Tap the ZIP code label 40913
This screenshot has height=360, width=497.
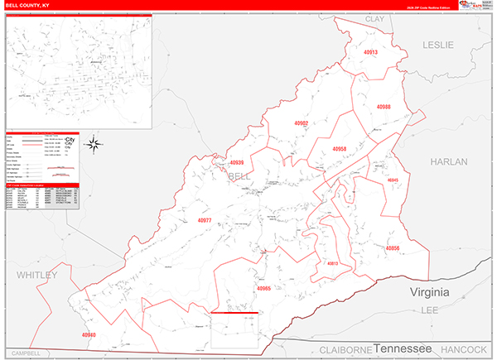click(x=369, y=52)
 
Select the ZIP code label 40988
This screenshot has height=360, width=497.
click(x=383, y=107)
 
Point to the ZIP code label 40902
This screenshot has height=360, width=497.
click(x=301, y=122)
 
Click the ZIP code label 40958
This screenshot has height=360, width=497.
click(x=339, y=149)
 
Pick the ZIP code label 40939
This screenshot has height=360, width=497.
click(x=238, y=163)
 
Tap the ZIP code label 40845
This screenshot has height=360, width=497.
click(x=393, y=180)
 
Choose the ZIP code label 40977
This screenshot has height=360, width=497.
click(x=205, y=220)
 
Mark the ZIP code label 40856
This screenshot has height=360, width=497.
click(x=392, y=247)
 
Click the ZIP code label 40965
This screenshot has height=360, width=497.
click(x=264, y=289)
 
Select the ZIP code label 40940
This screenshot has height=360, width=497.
click(x=89, y=334)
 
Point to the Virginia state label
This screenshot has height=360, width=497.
click(x=430, y=293)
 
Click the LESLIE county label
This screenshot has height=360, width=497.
click(x=438, y=46)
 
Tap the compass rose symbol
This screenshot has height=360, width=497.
click(x=94, y=145)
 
